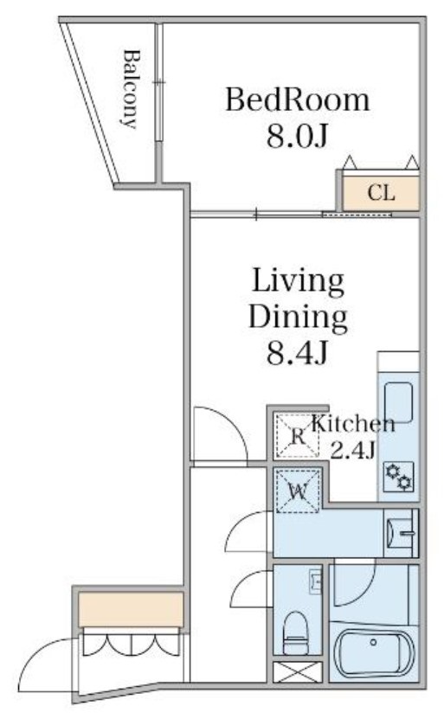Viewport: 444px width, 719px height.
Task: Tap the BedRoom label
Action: pyautogui.click(x=297, y=100)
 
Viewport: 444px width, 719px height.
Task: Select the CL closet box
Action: pyautogui.click(x=381, y=193)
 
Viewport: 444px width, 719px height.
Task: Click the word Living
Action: pyautogui.click(x=298, y=281)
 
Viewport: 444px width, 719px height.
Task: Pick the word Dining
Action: pyautogui.click(x=298, y=318)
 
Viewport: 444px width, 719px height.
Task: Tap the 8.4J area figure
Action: pyautogui.click(x=298, y=353)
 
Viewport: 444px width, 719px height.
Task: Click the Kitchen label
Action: pyautogui.click(x=352, y=424)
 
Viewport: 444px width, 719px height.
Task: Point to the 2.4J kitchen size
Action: pyautogui.click(x=352, y=450)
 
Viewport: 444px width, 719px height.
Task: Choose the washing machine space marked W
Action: pyautogui.click(x=297, y=491)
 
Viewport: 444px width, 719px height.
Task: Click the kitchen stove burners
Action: pyautogui.click(x=399, y=476)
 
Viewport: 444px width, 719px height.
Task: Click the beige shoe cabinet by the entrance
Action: pyautogui.click(x=131, y=609)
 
